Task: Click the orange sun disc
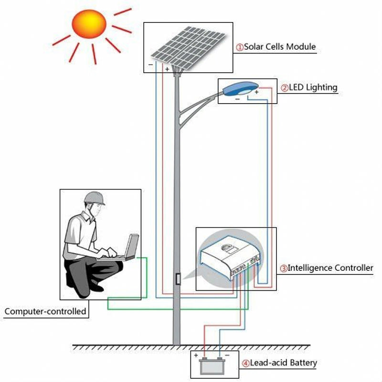click(88, 27)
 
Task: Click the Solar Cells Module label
click(280, 47)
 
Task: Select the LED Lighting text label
click(313, 87)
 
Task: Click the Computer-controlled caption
click(45, 312)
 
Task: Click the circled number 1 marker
click(240, 47)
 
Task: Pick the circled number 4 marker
click(245, 363)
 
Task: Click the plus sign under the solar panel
click(167, 69)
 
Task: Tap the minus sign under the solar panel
click(151, 64)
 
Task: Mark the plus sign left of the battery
click(196, 355)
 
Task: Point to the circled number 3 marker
click(283, 268)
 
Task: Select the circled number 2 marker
click(284, 88)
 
